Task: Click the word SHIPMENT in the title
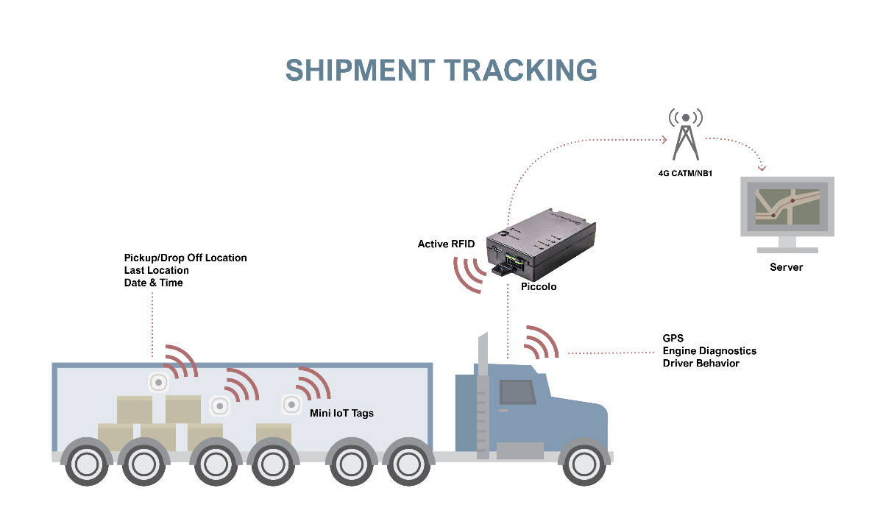point(361,70)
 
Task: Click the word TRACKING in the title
point(521,70)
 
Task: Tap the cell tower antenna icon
point(686,134)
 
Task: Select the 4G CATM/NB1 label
point(685,174)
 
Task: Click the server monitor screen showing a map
point(787,207)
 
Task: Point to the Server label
point(786,267)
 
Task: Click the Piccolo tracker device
point(541,244)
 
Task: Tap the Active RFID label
point(446,244)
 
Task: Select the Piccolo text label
point(539,286)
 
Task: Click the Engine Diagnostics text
point(709,351)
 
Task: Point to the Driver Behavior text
point(701,363)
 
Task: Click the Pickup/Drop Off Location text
point(185,258)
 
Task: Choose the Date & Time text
point(153,283)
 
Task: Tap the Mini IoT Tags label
point(341,413)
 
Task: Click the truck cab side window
point(517,392)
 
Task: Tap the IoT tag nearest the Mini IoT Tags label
point(291,404)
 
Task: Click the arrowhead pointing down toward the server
point(762,168)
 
